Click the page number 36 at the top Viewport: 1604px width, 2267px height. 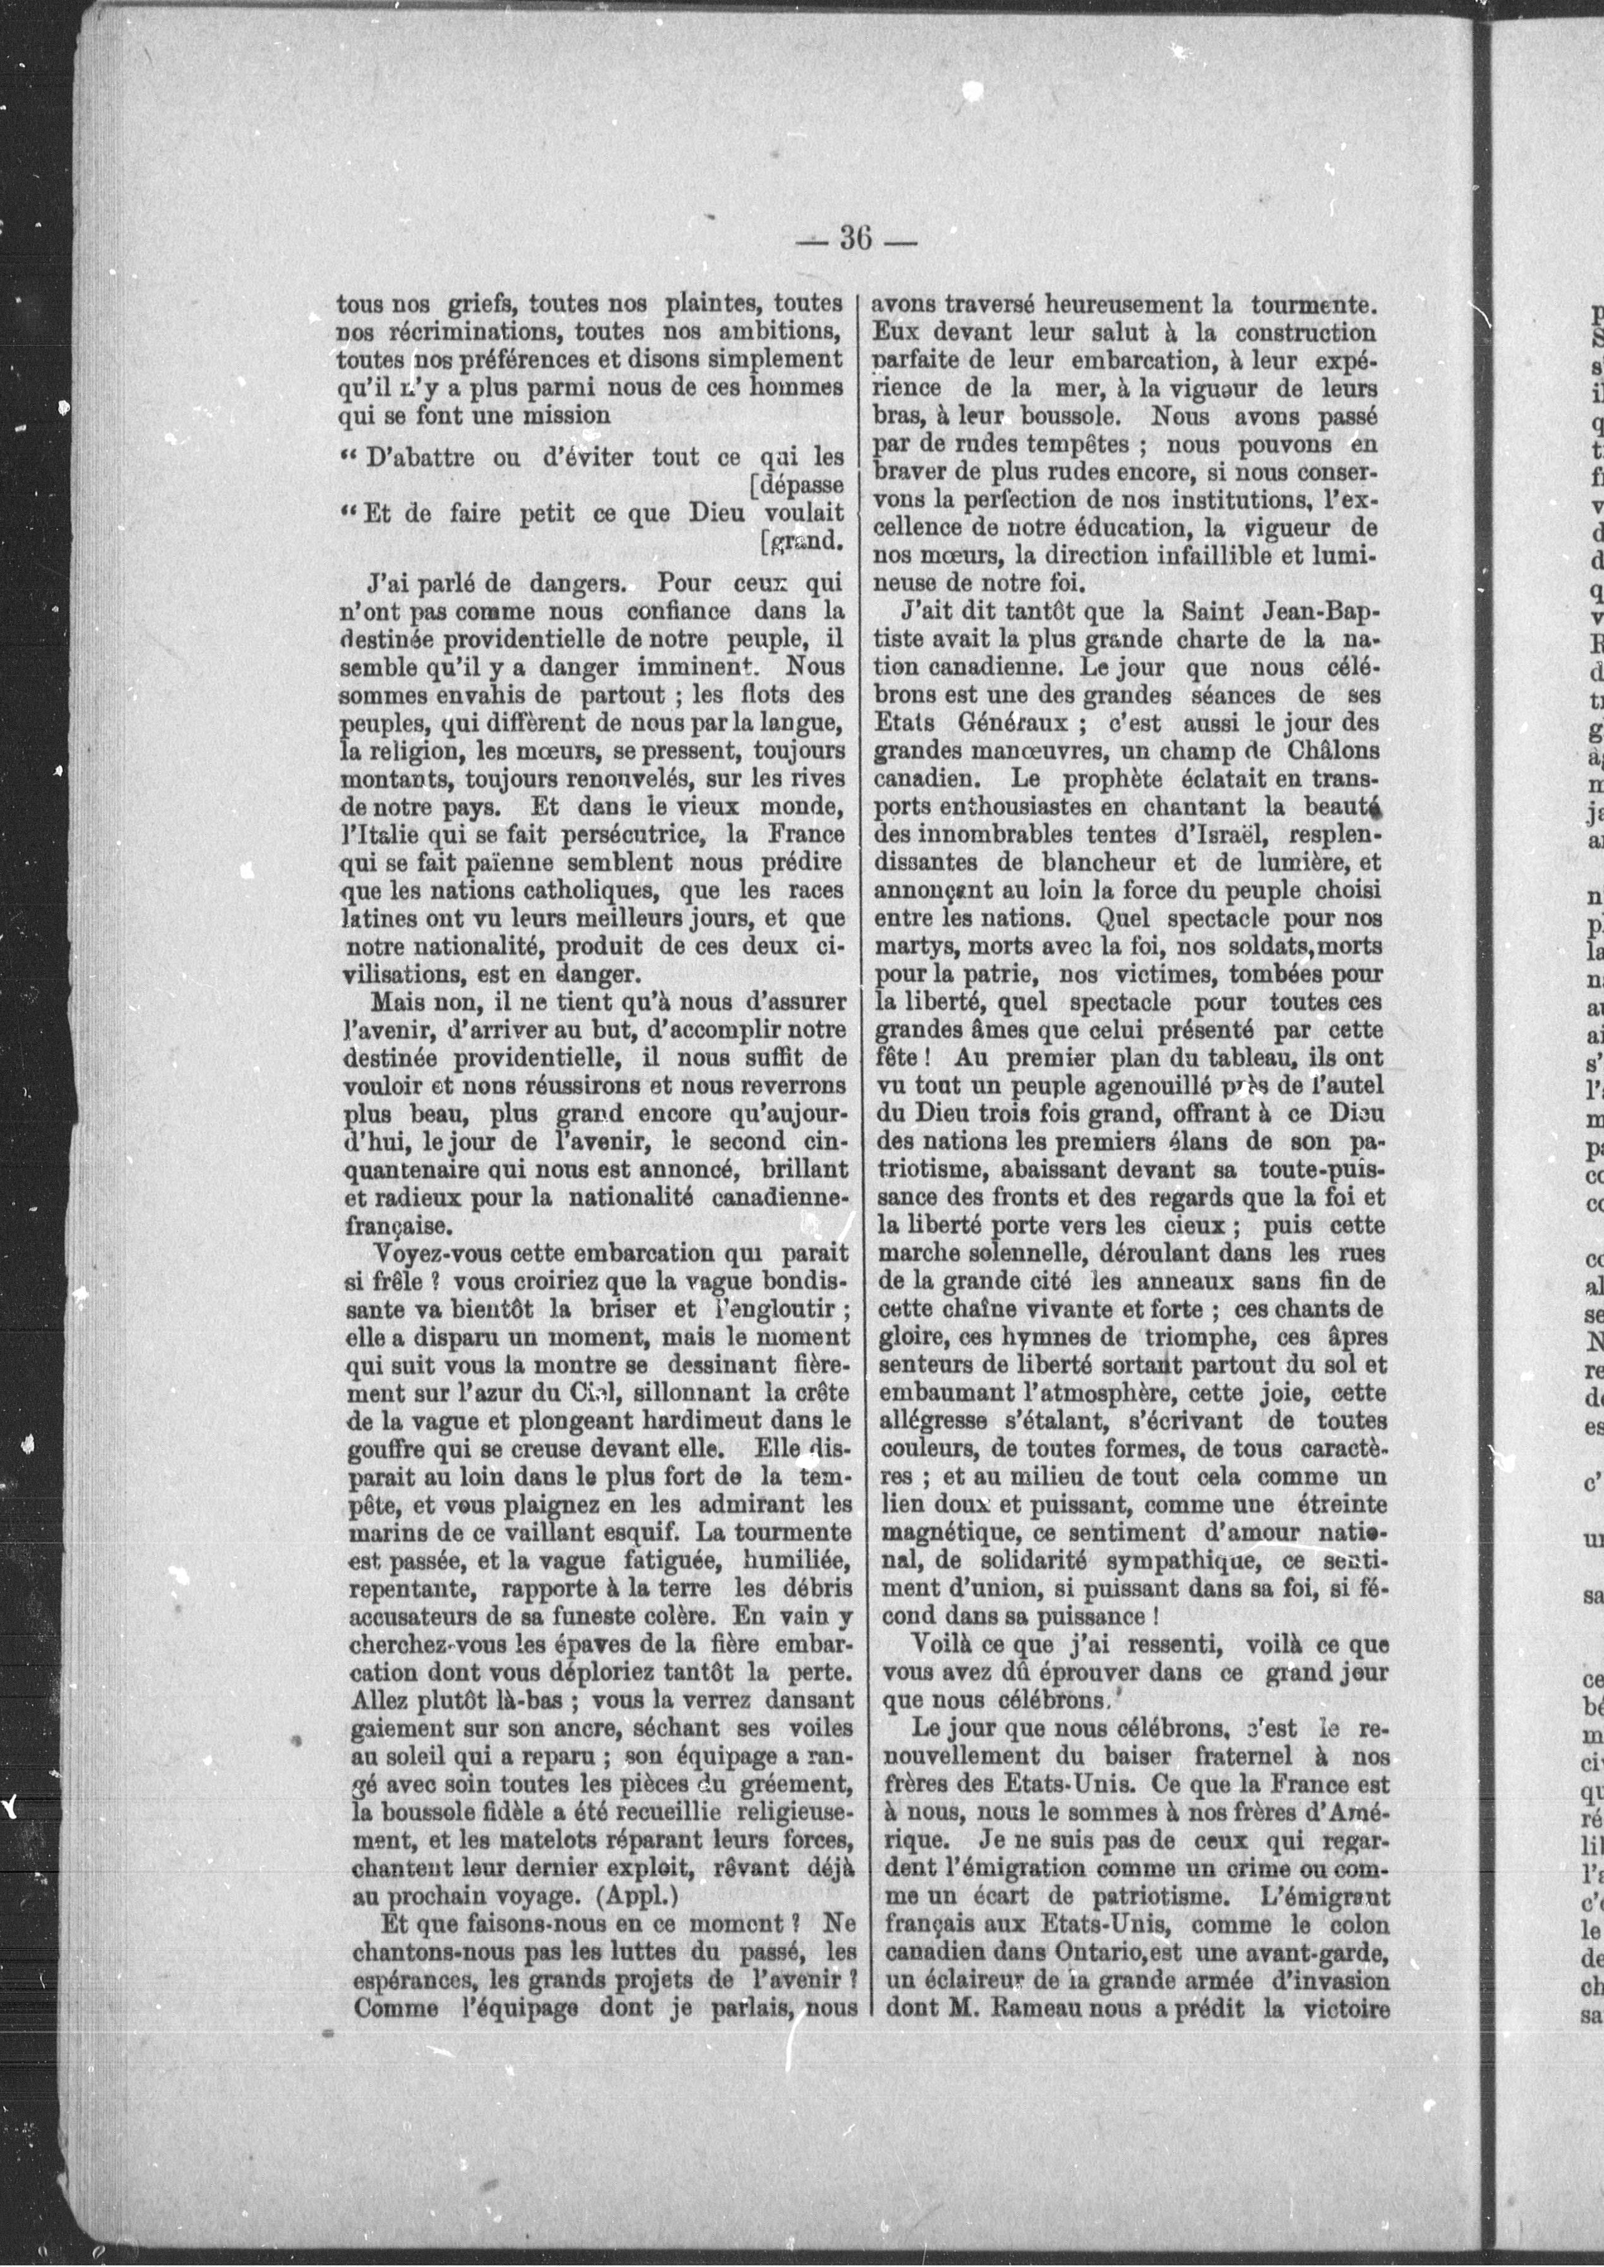pos(855,239)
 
